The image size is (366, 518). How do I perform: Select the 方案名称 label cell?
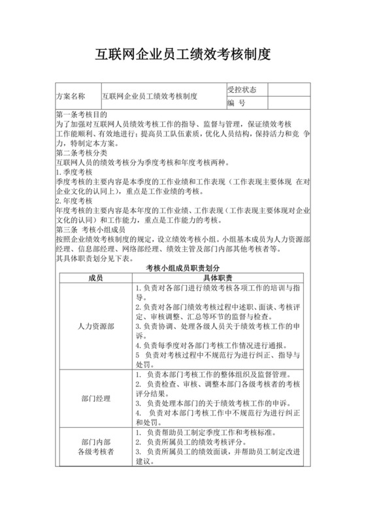[71, 95]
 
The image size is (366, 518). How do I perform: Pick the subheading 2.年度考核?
[74, 200]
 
